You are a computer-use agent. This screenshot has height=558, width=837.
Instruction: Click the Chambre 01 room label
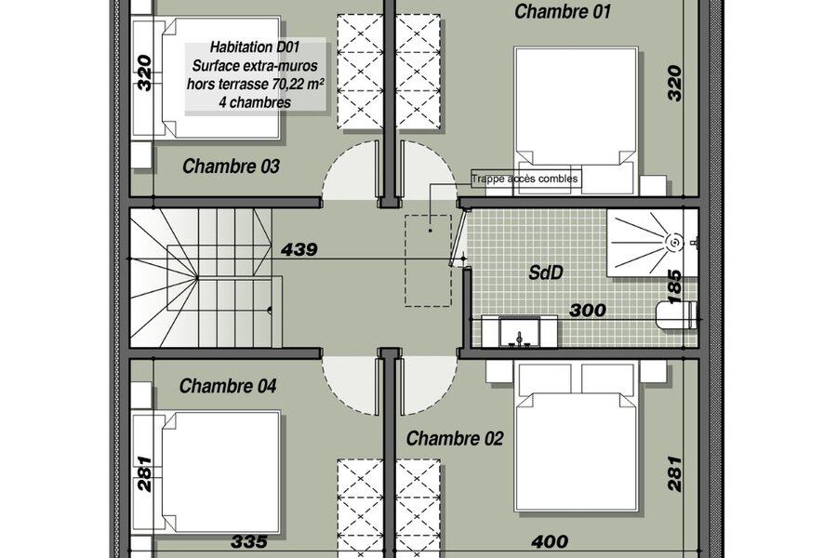point(562,11)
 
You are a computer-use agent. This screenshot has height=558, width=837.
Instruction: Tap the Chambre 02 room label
point(455,438)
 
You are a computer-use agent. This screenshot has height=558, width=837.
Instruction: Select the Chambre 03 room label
point(231,166)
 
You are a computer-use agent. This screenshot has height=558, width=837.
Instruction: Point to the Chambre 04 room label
point(228,386)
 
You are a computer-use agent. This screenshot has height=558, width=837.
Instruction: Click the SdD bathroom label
point(546,272)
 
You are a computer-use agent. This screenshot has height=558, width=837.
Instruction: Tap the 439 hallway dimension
point(299,249)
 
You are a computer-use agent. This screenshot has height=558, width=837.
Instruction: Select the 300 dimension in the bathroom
point(588,311)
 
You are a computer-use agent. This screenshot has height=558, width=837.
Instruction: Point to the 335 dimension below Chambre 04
point(249,541)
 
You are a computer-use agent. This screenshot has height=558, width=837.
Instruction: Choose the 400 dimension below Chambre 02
point(550,541)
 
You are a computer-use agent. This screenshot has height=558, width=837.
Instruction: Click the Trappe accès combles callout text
point(525,179)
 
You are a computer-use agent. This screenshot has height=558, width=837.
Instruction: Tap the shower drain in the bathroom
point(675,243)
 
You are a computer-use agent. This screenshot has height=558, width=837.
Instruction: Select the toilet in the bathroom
point(677,315)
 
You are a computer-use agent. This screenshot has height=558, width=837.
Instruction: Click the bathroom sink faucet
point(519,339)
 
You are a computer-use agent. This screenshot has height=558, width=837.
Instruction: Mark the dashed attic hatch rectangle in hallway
point(428,260)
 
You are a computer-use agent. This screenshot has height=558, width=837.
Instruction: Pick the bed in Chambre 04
point(221,472)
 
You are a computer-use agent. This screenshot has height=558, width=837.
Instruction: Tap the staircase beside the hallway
point(206,278)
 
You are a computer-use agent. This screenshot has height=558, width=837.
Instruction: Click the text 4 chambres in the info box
point(255,102)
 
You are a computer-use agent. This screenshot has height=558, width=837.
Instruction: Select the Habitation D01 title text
point(255,47)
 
